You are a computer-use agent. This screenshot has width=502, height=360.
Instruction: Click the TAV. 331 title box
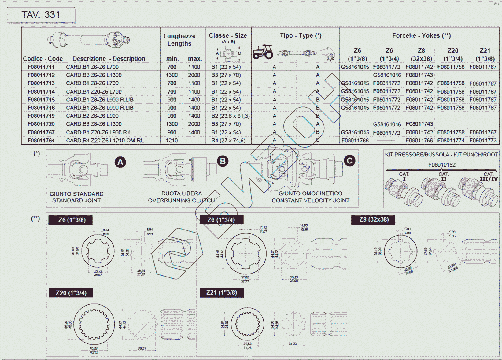[41, 15]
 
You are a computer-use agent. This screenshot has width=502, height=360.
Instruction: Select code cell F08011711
[41, 67]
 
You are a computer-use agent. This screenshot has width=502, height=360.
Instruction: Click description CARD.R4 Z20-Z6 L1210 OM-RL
[105, 141]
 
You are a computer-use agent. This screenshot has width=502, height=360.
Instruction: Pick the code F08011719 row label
[41, 116]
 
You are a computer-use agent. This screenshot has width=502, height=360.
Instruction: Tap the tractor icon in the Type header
[263, 52]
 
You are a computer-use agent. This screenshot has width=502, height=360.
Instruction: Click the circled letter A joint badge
[120, 162]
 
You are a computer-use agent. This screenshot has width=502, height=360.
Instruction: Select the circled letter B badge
[223, 161]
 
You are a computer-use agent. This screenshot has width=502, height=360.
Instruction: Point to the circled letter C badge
[349, 161]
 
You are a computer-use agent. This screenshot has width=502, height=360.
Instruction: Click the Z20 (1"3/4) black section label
[71, 293]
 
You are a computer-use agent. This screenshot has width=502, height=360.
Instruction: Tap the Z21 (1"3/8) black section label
[222, 292]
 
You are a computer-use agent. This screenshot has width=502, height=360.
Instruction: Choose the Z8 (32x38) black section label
[374, 220]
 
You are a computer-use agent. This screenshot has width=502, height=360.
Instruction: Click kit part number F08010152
[441, 165]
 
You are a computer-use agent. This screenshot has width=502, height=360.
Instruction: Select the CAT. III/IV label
[489, 177]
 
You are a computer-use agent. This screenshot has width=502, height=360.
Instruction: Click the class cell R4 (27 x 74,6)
[228, 141]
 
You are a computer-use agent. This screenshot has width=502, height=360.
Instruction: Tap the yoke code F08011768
[355, 141]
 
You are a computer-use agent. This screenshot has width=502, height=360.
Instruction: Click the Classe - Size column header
[228, 35]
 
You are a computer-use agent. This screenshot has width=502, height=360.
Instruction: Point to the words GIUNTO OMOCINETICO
[310, 193]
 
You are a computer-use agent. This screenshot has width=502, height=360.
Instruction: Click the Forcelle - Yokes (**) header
[421, 35]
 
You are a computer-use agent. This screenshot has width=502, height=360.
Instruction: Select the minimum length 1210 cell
[172, 141]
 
